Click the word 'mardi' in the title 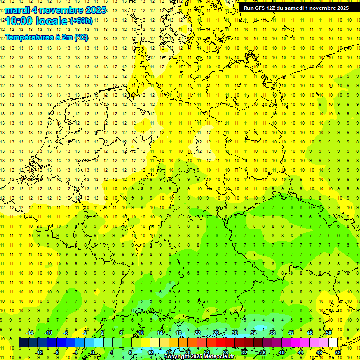(16, 10)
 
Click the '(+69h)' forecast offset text (81, 21)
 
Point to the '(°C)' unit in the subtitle (81, 37)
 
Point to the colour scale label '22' (197, 333)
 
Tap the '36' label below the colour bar (263, 352)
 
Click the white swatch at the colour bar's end (333, 343)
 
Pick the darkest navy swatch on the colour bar (23, 343)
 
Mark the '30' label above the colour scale (235, 333)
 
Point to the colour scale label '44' (300, 352)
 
